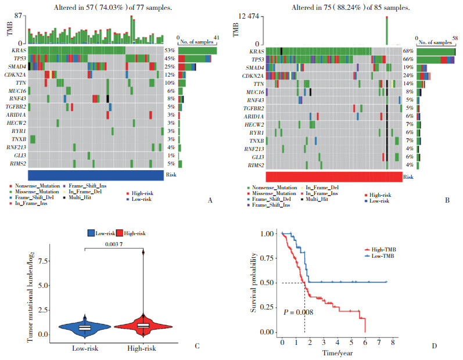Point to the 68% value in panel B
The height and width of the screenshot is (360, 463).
(410, 51)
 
